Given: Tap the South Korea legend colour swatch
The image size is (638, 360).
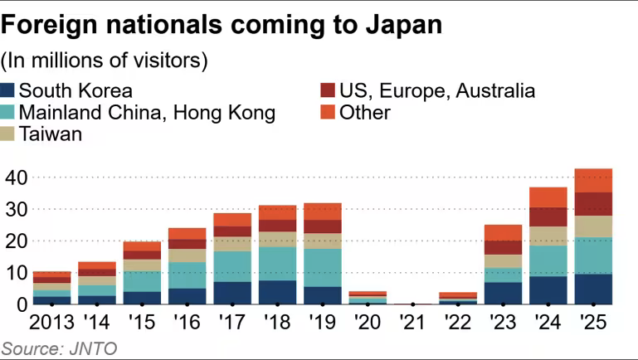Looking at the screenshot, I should tap(9, 90).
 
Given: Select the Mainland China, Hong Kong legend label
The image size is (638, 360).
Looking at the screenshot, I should tap(147, 112).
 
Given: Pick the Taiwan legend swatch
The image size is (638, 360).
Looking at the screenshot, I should tap(9, 134).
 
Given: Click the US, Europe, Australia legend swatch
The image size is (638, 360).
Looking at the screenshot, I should tap(329, 90).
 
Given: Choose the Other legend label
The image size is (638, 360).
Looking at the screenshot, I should tap(365, 112).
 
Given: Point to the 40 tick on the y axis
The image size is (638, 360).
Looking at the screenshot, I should tap(16, 178).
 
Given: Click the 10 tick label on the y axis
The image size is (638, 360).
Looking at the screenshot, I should tap(16, 272).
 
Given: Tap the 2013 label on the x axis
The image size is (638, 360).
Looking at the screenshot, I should tap(51, 323).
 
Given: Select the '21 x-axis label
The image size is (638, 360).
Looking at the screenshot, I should tap(414, 323).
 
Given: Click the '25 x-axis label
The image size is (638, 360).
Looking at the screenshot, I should tap(594, 323).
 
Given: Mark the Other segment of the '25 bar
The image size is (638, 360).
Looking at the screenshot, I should tap(594, 180).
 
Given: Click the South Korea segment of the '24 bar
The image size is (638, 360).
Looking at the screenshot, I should tap(548, 289).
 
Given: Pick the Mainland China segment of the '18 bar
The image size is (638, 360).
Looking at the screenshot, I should tap(278, 263).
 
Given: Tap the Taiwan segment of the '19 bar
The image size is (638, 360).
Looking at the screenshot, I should tap(323, 241).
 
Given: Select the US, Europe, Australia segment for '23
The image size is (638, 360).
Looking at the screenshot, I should tap(504, 247).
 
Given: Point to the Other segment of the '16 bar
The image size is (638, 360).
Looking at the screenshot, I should tap(188, 233).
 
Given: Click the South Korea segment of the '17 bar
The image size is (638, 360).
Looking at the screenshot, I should tap(232, 293).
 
